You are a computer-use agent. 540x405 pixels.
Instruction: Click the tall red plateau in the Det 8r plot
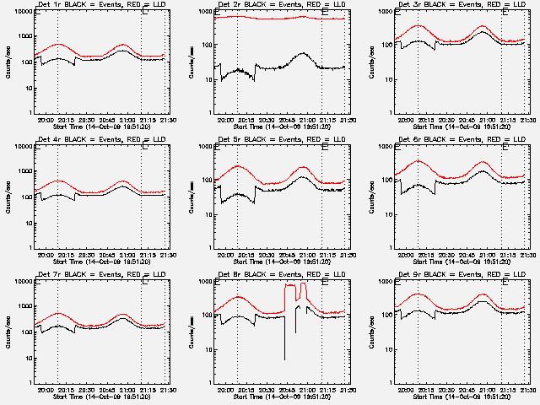point(291,286)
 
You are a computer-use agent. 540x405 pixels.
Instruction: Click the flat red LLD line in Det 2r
point(278,18)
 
